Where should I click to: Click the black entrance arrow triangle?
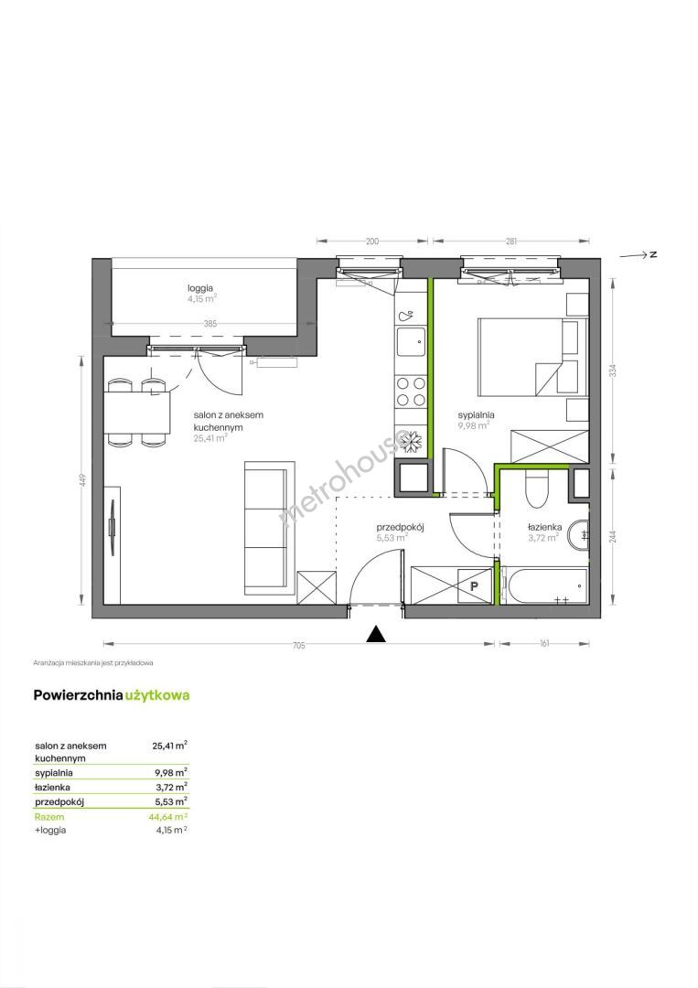point(376,634)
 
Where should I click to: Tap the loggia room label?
point(201,288)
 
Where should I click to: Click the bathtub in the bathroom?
point(546,586)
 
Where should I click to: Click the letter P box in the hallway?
point(474,585)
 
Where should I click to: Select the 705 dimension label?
point(298,645)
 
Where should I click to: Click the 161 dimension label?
point(545,643)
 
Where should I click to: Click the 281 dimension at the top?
point(510,241)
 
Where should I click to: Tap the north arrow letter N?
point(654,254)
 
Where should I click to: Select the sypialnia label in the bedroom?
point(476,415)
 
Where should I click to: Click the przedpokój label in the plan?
point(400,528)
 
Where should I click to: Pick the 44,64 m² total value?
point(170,817)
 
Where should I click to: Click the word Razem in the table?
point(49,817)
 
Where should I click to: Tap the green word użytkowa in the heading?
point(157,695)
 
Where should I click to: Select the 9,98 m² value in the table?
point(170,772)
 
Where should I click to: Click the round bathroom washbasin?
point(578,534)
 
